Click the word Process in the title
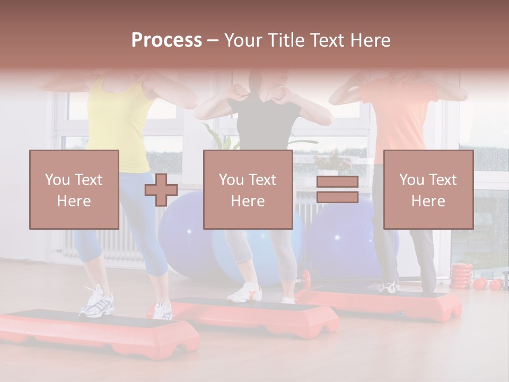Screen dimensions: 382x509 [x=166, y=40]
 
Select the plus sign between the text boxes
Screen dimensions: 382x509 [x=161, y=190]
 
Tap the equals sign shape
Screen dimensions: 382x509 [x=337, y=189]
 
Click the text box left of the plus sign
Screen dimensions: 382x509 [x=74, y=189]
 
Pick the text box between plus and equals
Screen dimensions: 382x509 [x=248, y=189]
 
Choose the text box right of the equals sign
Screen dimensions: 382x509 [x=428, y=189]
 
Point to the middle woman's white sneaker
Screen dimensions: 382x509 [x=245, y=292]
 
